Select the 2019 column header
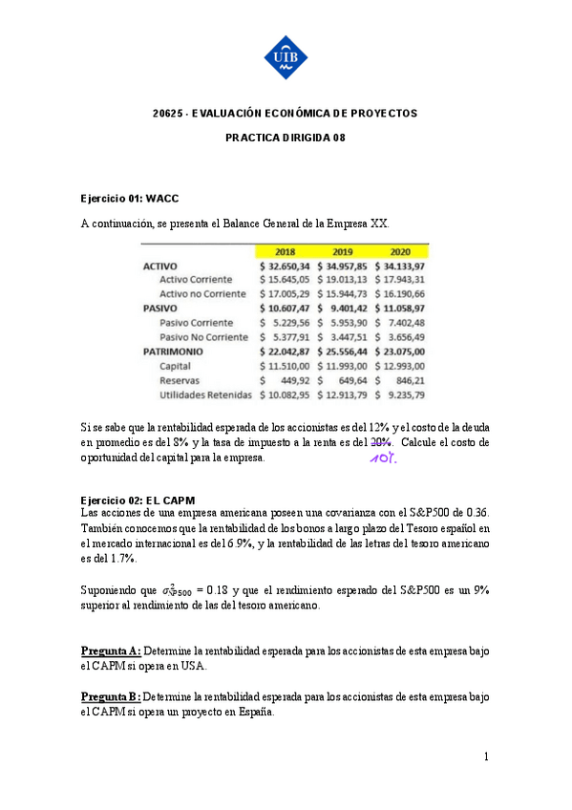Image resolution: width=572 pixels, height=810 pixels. [343, 251]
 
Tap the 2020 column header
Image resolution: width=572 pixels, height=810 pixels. [400, 251]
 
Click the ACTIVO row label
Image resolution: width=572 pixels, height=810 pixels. [159, 266]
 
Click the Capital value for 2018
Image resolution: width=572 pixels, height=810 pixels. [286, 365]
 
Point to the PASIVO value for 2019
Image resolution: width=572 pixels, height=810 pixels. [343, 309]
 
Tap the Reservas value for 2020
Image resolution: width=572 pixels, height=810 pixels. [400, 379]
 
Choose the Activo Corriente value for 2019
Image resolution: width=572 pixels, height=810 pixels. [343, 280]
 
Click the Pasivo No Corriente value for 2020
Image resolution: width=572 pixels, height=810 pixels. [400, 336]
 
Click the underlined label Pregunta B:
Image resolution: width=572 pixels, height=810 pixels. [111, 697]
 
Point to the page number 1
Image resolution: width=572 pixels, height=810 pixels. [486, 757]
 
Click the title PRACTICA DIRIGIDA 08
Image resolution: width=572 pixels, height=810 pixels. [286, 138]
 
